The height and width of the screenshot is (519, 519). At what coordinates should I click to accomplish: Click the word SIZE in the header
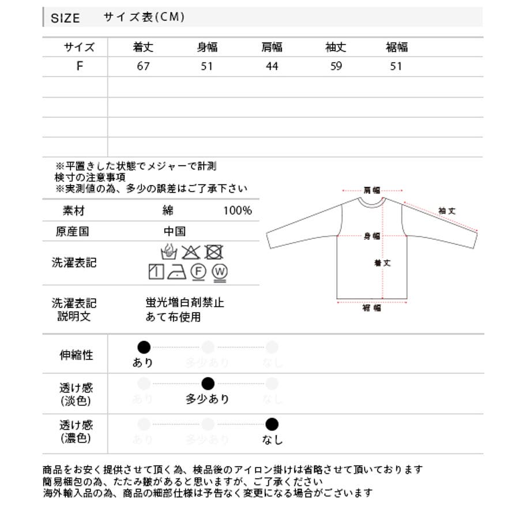65,18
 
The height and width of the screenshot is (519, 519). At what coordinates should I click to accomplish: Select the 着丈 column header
143,47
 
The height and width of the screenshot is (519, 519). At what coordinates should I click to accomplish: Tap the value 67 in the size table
144,66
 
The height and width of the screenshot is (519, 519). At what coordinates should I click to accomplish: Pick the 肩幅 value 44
272,66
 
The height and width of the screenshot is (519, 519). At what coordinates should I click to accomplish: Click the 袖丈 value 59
336,66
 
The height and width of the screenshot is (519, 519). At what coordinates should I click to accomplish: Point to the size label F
80,66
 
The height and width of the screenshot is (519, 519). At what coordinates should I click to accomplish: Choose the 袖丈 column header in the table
336,47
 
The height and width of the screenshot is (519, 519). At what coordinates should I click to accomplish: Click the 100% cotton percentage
238,210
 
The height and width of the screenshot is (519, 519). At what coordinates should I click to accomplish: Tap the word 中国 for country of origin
175,232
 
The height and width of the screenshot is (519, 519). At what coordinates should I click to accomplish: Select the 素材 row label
74,210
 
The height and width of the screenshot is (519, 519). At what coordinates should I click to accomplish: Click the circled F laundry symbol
198,271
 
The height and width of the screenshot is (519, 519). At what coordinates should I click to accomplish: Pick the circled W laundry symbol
219,271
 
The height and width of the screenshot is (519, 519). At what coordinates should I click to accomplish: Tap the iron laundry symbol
176,271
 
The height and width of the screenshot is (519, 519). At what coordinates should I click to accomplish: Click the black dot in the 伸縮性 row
144,347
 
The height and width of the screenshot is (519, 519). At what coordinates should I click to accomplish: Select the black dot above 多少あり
208,383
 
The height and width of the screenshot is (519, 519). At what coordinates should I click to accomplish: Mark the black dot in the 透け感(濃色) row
272,425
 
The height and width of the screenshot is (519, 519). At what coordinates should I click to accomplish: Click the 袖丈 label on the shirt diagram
447,211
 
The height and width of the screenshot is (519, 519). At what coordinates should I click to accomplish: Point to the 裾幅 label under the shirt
372,308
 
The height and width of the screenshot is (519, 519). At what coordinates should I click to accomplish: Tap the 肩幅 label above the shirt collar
372,190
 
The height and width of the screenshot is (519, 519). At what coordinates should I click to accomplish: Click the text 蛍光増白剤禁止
185,302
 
